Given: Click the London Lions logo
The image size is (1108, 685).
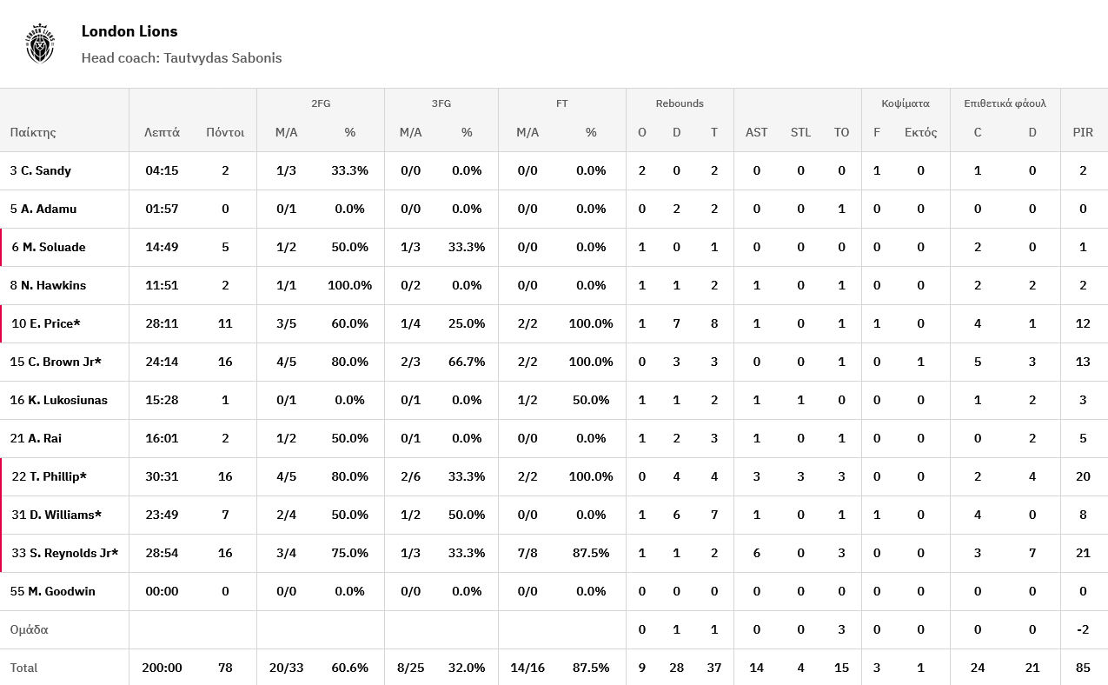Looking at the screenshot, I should (x=40, y=43).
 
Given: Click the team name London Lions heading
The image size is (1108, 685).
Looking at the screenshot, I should (x=129, y=31).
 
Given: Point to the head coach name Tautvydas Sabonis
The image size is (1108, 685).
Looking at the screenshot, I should (x=222, y=58).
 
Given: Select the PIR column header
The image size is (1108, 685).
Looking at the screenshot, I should (x=1083, y=133).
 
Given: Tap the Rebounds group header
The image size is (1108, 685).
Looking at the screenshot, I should (x=680, y=103).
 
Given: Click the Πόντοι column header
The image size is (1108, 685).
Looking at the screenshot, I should (x=225, y=133).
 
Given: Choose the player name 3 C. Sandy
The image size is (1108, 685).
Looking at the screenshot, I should (x=41, y=171).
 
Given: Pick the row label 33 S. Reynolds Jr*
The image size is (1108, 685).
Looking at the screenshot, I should (x=64, y=554).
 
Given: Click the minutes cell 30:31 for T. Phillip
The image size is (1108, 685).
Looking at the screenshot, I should (x=162, y=477).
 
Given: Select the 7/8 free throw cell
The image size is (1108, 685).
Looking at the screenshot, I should (x=527, y=554).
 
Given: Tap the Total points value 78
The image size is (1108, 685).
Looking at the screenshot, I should (x=225, y=668).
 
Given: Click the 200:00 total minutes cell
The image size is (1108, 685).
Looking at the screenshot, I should (x=162, y=668).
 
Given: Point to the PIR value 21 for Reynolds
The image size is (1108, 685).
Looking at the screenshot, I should (x=1083, y=554).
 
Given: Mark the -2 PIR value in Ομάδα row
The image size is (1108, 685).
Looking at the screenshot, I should (x=1083, y=630).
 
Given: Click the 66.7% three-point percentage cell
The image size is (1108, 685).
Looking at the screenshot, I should (x=467, y=362).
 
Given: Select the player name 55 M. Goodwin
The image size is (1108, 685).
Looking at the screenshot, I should (x=53, y=592).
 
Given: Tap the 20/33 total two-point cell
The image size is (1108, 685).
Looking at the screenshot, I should (x=286, y=668).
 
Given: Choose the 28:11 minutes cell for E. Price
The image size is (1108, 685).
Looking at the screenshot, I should (x=162, y=324).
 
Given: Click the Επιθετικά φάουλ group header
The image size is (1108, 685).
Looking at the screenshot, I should (x=1005, y=103).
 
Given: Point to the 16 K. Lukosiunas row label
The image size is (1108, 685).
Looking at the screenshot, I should (x=59, y=401).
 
